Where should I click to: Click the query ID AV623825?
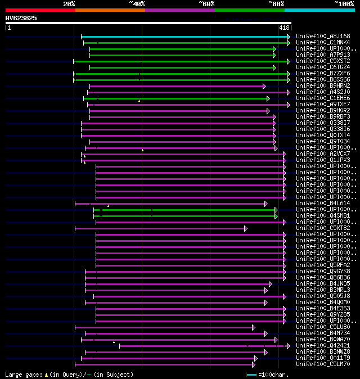tap(21, 18)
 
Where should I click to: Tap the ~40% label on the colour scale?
tap(137, 4)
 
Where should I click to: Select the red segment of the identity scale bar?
tap(40, 10)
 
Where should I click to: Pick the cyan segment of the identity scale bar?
tap(319, 10)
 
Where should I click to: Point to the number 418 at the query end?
tap(284, 28)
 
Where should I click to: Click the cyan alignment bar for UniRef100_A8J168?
tap(186, 36)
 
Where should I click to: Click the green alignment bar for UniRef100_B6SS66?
tap(180, 80)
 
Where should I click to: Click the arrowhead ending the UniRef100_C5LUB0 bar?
tap(254, 327)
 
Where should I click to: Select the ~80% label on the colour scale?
tap(276, 4)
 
